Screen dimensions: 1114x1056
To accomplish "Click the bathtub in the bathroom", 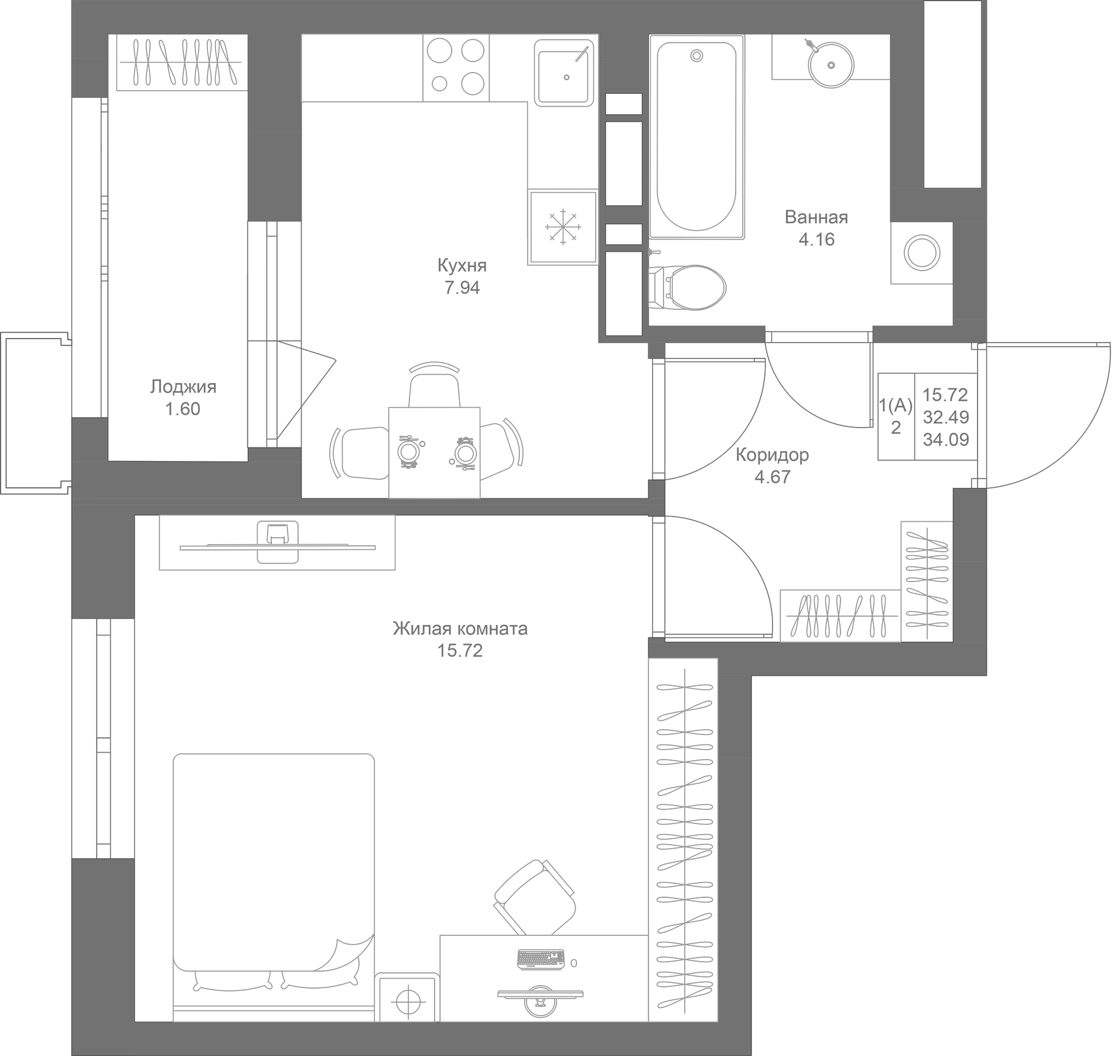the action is click(x=696, y=136).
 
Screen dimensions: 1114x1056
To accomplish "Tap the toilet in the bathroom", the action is click(x=688, y=287).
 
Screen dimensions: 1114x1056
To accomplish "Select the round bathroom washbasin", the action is click(x=830, y=64).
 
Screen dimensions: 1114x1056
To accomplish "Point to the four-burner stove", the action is click(x=456, y=68).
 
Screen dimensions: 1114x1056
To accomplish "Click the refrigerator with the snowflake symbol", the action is click(x=562, y=227).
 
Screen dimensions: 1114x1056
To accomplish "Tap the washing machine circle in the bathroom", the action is click(x=922, y=254).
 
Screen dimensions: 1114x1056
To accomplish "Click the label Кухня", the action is click(x=462, y=266).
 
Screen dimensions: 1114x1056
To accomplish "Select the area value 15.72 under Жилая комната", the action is click(x=460, y=651).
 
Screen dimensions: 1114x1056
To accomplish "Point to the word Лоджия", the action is click(x=183, y=387).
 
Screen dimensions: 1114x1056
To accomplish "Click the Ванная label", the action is click(x=816, y=217).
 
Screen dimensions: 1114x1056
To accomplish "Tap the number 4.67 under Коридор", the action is click(x=772, y=477).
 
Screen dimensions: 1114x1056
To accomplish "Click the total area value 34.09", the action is click(x=946, y=439).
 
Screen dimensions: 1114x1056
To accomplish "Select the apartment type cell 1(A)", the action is click(x=896, y=405).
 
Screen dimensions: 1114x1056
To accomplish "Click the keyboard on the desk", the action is click(x=541, y=959).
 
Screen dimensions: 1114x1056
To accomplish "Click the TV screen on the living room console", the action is click(x=278, y=548).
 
